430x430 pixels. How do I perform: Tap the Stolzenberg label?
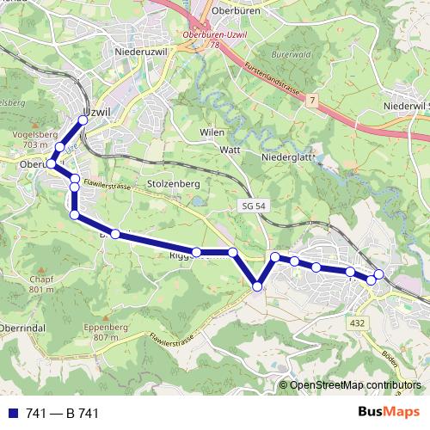[173, 184]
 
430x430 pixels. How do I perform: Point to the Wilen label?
[212, 133]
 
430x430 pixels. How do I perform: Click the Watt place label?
[229, 150]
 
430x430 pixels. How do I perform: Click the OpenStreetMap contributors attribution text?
[354, 385]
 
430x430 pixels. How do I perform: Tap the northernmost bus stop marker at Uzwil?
[83, 120]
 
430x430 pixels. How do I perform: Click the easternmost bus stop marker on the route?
[378, 274]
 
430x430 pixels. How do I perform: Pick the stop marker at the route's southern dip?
[257, 286]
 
